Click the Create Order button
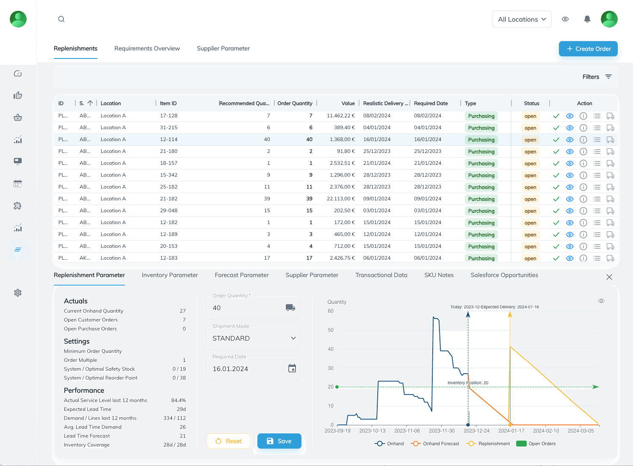tap(588, 49)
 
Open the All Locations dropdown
tap(522, 19)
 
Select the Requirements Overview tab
tap(147, 48)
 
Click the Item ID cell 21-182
tap(169, 199)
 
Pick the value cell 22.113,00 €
tap(340, 199)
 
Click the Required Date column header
tap(431, 103)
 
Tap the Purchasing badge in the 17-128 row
tap(481, 116)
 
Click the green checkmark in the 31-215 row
tap(556, 128)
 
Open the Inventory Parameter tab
tap(170, 275)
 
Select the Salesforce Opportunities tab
tap(504, 275)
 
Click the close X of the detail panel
tap(609, 277)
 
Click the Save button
tap(279, 441)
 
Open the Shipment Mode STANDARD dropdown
tap(254, 338)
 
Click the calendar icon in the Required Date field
tap(292, 369)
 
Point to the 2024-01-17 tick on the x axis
tap(511, 430)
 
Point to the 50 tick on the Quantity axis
tap(331, 330)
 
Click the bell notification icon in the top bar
tap(587, 19)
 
